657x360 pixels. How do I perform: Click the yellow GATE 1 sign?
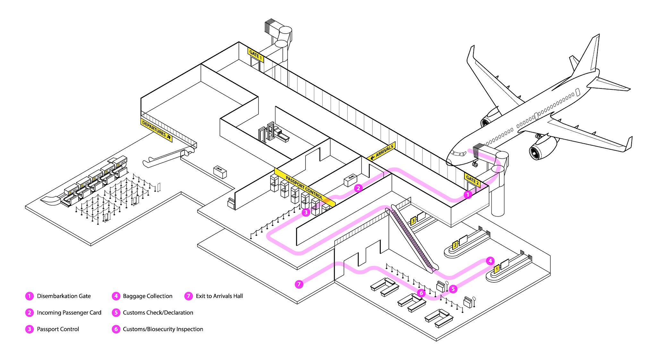[x=256, y=55]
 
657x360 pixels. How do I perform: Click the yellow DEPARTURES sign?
[x=156, y=130]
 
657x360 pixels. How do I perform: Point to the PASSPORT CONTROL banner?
[x=304, y=187]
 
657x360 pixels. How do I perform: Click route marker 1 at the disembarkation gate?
[x=468, y=195]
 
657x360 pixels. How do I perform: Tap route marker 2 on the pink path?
[x=358, y=188]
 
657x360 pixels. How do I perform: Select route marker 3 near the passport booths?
[x=306, y=212]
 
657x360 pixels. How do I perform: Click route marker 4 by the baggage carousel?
[x=490, y=261]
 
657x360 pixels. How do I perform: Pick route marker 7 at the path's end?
[x=299, y=284]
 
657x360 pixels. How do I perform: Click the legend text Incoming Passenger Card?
[x=69, y=313]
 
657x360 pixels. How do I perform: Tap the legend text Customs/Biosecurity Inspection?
[x=163, y=329]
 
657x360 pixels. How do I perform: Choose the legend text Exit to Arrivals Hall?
[x=219, y=296]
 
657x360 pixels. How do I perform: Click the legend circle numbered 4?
[x=116, y=296]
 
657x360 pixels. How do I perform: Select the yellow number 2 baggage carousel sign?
[x=455, y=246]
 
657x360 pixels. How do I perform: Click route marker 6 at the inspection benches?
[x=421, y=293]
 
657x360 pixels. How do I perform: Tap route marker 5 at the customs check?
[x=453, y=289]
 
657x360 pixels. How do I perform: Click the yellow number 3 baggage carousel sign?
[x=414, y=221]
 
